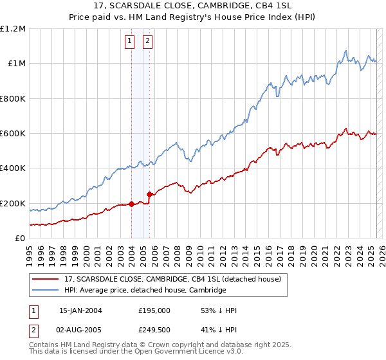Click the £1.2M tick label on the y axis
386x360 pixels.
point(13,29)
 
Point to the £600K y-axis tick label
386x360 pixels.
point(13,134)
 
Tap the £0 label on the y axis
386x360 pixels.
point(19,239)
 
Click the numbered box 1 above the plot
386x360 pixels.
point(129,42)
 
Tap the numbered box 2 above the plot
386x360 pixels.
point(147,42)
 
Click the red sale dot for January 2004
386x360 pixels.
point(131,204)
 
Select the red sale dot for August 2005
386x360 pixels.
point(149,194)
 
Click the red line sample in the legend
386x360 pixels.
point(46,280)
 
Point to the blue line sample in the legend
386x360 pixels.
point(46,291)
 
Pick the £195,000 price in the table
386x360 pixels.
point(154,310)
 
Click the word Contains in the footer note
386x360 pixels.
point(45,345)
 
